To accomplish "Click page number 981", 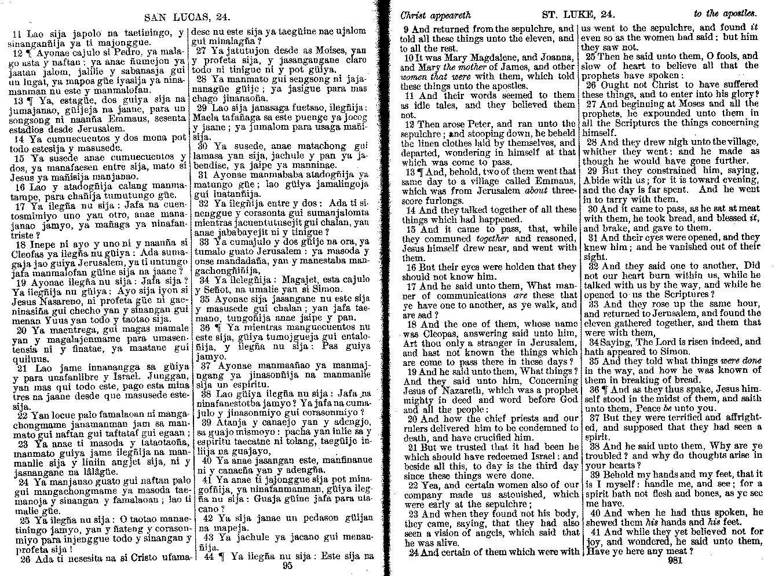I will pyautogui.click(x=677, y=560).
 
